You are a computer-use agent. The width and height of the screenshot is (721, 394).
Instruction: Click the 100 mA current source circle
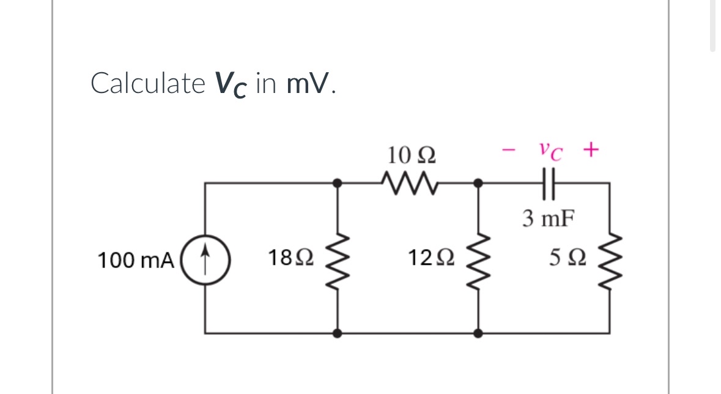pos(205,258)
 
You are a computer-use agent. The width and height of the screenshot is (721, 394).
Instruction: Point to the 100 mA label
pos(137,259)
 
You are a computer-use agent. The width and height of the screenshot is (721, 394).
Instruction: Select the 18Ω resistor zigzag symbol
pos(337,258)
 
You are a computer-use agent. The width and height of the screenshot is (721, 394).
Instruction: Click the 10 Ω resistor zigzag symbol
pos(408,181)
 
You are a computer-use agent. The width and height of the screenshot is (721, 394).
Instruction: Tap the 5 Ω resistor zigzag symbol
pos(609,258)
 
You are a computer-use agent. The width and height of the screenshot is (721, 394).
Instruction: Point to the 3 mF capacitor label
pos(548,218)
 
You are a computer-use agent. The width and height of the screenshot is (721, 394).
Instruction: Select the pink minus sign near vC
pos(509,149)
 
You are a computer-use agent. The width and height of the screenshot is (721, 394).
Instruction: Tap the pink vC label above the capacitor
pos(550,149)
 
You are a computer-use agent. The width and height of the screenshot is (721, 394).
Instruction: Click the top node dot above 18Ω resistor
pos(337,182)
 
